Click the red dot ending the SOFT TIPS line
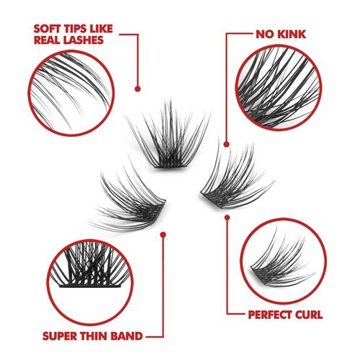(136, 89)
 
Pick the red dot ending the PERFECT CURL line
(227, 217)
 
